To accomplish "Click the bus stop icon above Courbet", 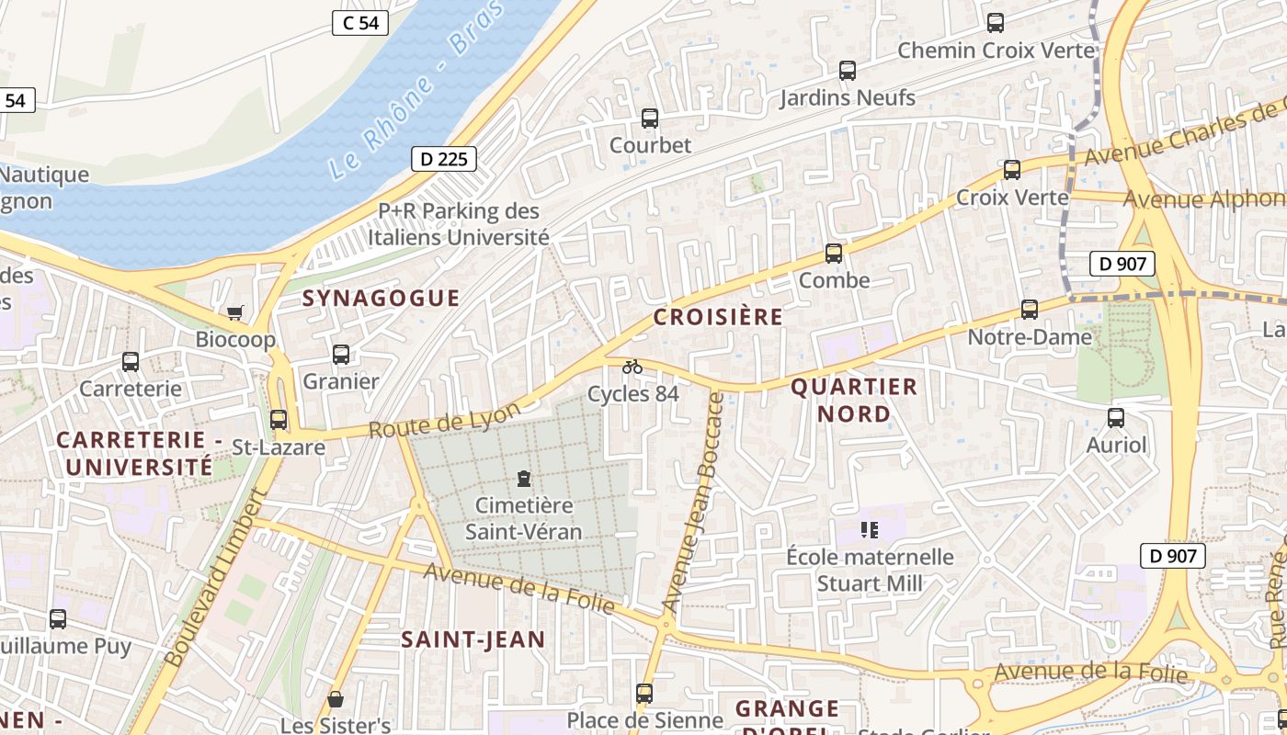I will click(x=649, y=119).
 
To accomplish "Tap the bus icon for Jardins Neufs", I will click(x=848, y=71).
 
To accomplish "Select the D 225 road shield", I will click(x=444, y=159).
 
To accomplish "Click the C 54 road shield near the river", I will click(x=360, y=23).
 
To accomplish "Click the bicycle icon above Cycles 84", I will click(x=632, y=367).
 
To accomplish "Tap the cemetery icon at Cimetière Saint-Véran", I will click(x=523, y=479).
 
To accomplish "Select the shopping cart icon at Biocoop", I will click(x=235, y=313).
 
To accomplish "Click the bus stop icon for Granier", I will click(x=341, y=355).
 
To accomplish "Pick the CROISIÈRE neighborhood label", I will click(x=718, y=317).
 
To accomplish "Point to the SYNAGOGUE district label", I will click(x=381, y=298).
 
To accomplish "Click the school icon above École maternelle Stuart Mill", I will click(x=870, y=529).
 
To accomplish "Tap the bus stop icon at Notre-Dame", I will click(x=1030, y=310).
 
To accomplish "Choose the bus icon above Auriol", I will click(x=1116, y=418).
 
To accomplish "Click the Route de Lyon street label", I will click(x=444, y=419).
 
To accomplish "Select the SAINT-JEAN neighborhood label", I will click(x=473, y=639).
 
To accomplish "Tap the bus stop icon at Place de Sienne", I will click(x=644, y=693).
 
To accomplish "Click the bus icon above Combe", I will click(x=834, y=254).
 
